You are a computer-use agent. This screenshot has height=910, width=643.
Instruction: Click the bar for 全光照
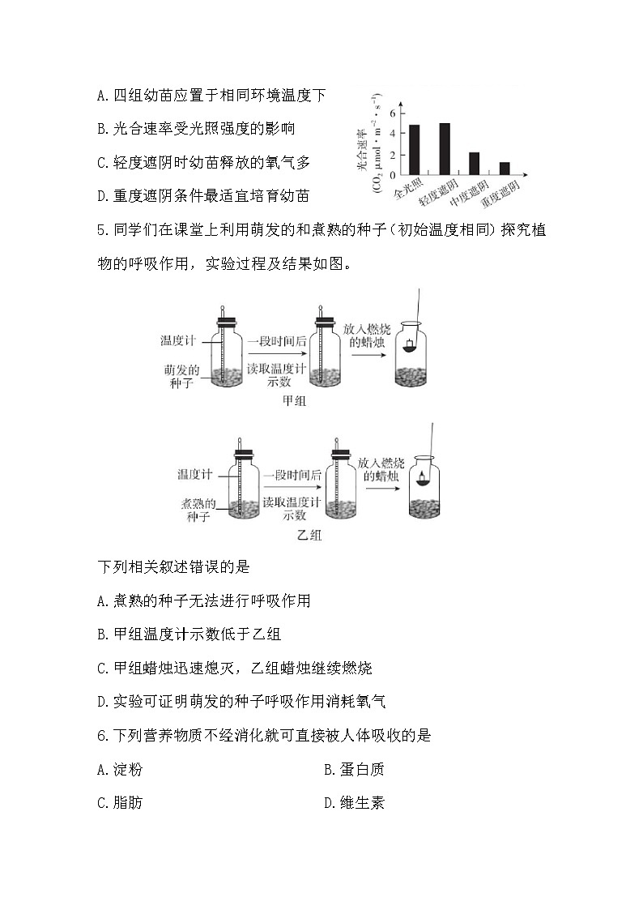[414, 150]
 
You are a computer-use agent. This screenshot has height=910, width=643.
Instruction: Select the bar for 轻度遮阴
[444, 149]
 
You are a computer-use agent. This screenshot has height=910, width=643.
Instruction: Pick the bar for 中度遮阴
[474, 164]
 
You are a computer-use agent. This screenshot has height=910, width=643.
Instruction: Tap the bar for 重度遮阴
[504, 169]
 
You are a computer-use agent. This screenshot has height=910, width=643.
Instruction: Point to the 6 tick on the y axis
[392, 113]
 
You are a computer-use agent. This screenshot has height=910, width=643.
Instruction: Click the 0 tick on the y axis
[392, 174]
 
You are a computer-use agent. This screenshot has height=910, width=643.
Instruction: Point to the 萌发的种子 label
[181, 376]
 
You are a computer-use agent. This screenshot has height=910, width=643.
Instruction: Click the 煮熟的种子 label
[197, 510]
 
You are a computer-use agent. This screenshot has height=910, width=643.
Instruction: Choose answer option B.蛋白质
[354, 770]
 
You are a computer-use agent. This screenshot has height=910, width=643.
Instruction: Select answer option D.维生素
[354, 803]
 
